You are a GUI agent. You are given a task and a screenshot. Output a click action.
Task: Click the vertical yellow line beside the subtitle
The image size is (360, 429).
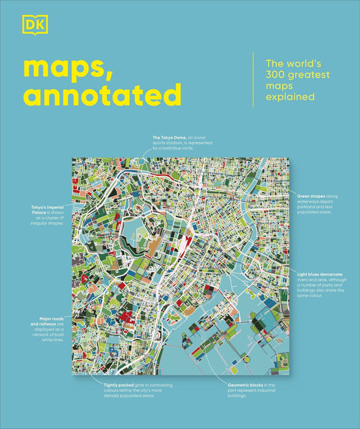click(x=253, y=79)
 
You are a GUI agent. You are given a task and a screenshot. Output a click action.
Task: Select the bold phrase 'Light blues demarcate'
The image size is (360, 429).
click(x=320, y=274)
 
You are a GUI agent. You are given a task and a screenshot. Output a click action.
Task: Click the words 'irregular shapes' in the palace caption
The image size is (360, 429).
click(x=50, y=221)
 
